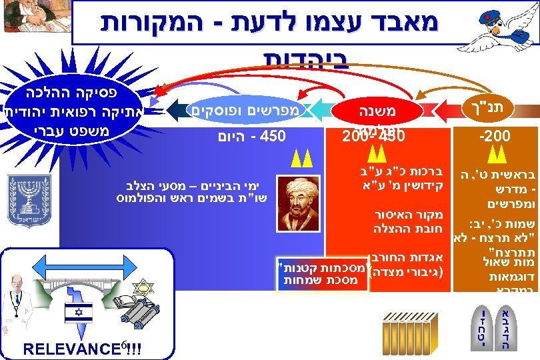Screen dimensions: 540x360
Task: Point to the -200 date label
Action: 495,137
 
